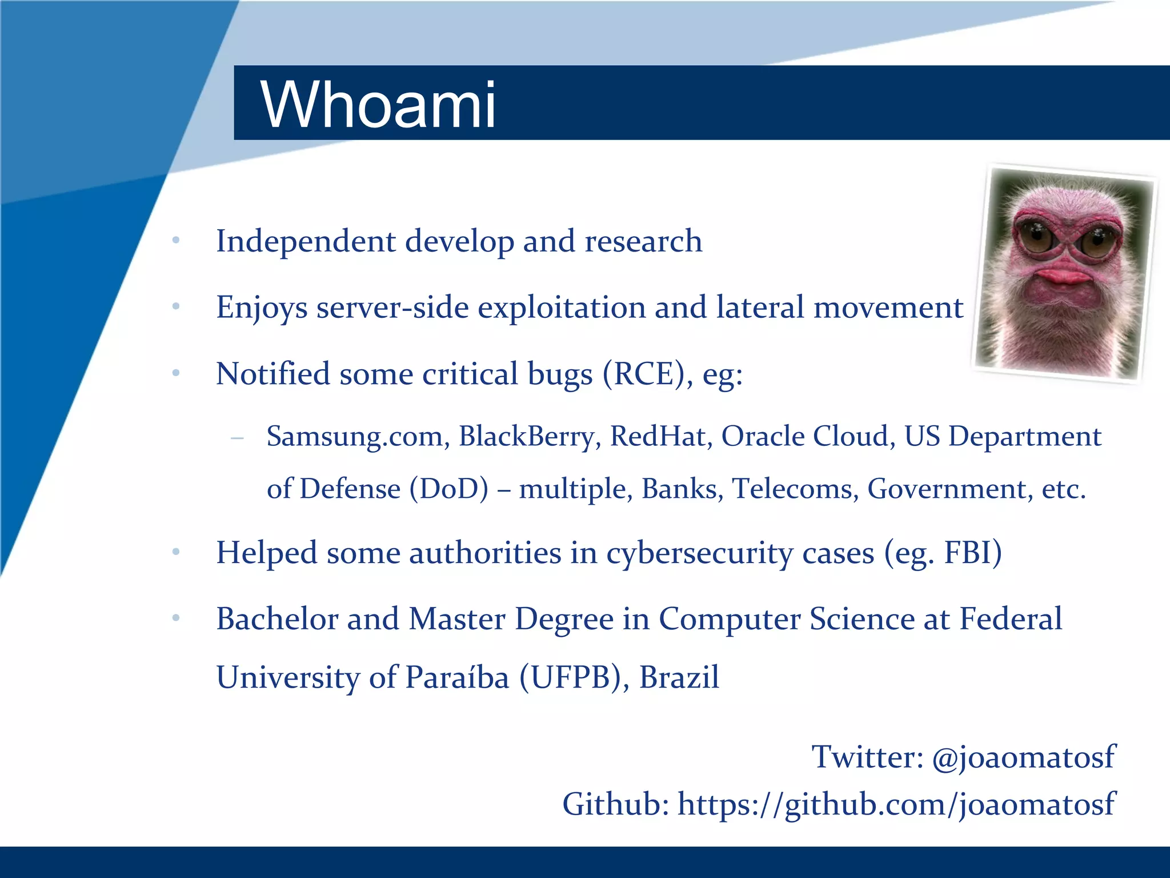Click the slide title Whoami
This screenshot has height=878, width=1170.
point(378,105)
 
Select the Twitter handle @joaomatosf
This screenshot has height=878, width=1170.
point(1023,757)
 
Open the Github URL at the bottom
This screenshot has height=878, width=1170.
point(896,805)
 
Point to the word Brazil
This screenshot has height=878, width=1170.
point(679,678)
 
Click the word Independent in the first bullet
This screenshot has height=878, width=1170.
point(306,241)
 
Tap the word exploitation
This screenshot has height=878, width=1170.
point(561,308)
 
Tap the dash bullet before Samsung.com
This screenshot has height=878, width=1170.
point(237,438)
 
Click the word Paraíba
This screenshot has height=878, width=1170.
point(457,678)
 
